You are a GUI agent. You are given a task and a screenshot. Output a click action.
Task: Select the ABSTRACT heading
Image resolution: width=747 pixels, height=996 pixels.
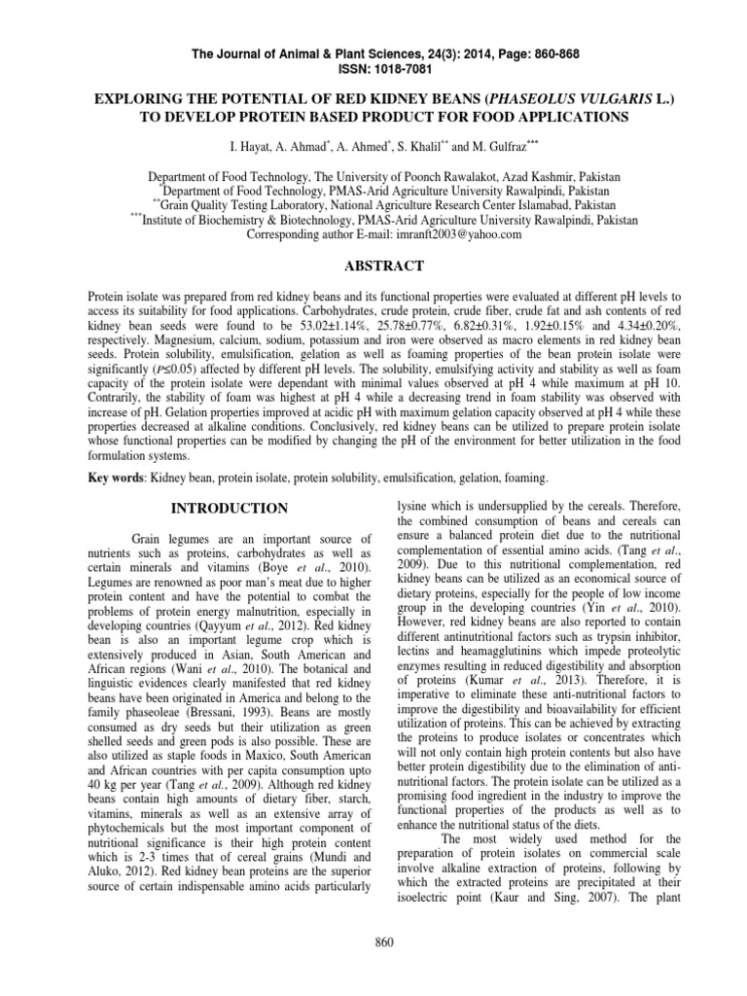(373, 265)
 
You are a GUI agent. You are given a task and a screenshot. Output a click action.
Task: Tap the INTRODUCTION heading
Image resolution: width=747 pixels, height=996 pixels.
(229, 508)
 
